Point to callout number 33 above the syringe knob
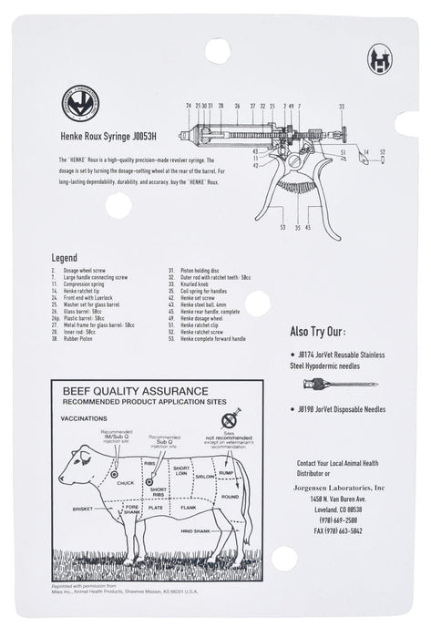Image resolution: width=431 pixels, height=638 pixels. [342, 107]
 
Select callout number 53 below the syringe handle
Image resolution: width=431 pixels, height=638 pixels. [283, 227]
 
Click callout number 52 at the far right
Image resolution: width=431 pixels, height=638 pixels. [383, 152]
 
